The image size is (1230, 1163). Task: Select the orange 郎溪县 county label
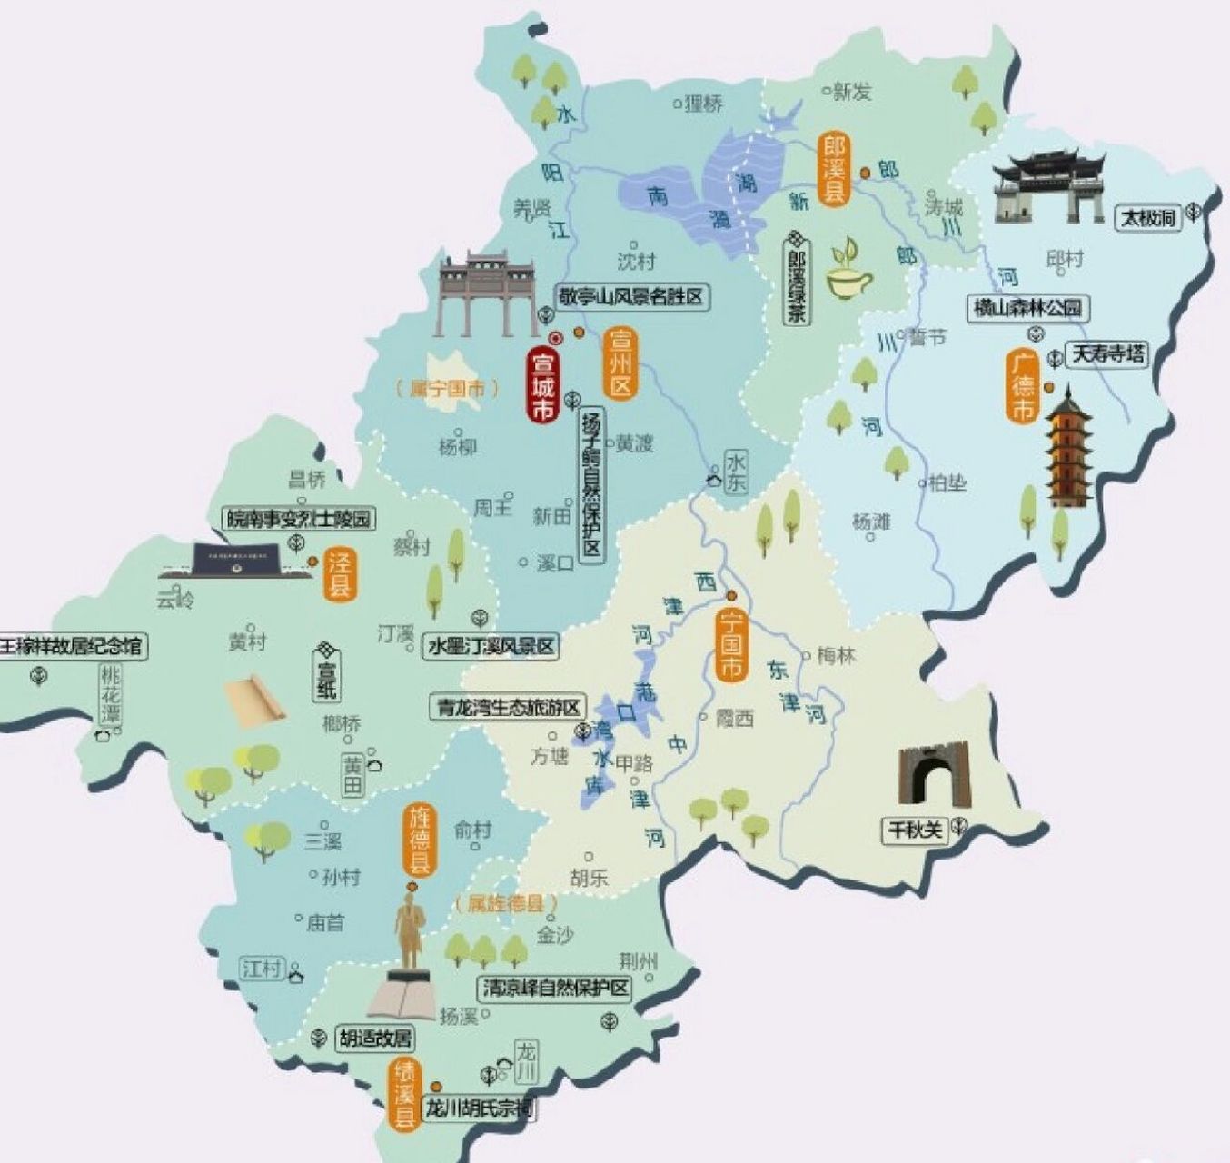833,168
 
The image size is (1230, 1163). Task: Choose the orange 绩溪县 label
404,1096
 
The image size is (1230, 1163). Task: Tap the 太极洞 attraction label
1147,217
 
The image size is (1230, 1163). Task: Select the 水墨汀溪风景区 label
491,646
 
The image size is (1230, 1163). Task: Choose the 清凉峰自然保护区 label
554,989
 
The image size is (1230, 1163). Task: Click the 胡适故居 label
375,1039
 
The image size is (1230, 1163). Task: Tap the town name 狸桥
704,104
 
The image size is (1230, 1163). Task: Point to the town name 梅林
836,655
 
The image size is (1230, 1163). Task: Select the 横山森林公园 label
1028,308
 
